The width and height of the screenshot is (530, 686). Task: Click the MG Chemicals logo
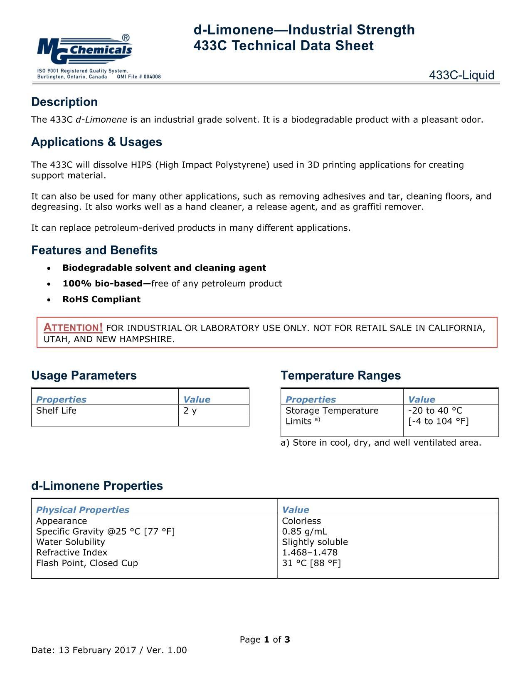click(x=85, y=49)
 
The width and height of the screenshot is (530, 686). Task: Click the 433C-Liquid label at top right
click(x=461, y=75)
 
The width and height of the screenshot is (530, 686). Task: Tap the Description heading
click(x=64, y=102)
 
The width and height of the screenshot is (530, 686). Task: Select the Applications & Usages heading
click(x=96, y=142)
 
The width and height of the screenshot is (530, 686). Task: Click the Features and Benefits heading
click(x=94, y=250)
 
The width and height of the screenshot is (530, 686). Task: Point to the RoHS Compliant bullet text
click(x=101, y=299)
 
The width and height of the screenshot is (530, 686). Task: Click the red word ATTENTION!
click(x=73, y=328)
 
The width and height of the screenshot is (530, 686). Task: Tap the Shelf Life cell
click(x=56, y=411)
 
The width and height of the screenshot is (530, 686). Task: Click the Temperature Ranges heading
click(x=340, y=375)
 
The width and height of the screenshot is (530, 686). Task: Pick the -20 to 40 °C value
click(x=435, y=411)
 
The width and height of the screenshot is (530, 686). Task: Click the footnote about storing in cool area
click(x=381, y=443)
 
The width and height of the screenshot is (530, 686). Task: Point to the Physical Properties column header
click(x=83, y=510)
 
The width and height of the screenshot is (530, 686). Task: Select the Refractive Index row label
click(x=71, y=553)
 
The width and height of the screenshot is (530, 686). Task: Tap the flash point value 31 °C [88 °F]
click(x=311, y=563)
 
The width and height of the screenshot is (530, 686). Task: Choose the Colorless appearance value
click(x=301, y=521)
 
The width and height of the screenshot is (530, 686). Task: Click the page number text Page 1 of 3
click(x=265, y=639)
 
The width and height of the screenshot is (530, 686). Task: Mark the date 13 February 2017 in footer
click(x=98, y=650)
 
